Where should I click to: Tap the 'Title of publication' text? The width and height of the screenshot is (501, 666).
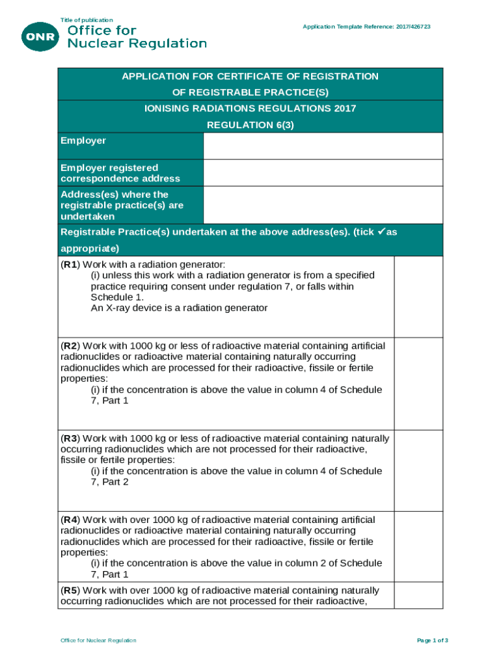pos(87,20)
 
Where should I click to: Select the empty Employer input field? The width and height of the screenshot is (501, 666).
pos(323,146)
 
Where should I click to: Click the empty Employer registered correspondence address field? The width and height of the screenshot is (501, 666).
pos(323,173)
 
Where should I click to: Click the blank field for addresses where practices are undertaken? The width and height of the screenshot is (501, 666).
pos(323,205)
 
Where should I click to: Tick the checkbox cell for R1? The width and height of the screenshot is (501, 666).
pos(418,297)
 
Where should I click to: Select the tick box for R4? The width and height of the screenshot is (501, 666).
pos(418,546)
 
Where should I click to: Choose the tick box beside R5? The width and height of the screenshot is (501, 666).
pos(418,595)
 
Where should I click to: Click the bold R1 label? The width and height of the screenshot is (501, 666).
pos(70,265)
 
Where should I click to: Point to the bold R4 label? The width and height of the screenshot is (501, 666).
pos(70,520)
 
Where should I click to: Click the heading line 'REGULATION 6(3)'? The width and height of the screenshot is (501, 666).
pos(251,125)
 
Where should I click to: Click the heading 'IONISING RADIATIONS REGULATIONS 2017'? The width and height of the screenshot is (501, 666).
pos(251,109)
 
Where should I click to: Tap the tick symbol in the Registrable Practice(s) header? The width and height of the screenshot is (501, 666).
pos(381,232)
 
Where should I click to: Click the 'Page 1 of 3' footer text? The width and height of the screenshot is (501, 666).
pos(432,641)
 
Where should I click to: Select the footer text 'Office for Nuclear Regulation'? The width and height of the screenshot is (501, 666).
pos(98,641)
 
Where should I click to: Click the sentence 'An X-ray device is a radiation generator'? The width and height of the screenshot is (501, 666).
pos(179,308)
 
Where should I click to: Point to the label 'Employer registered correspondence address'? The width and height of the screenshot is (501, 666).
pos(120,173)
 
